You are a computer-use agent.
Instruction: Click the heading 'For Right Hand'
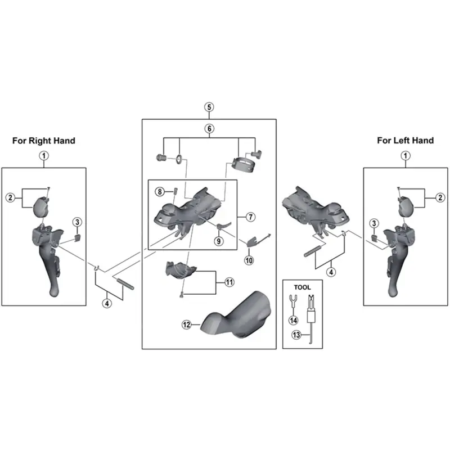pyautogui.click(x=43, y=141)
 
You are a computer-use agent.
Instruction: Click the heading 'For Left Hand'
pyautogui.click(x=405, y=141)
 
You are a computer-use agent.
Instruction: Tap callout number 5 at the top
pyautogui.click(x=209, y=107)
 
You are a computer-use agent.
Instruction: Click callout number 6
pyautogui.click(x=209, y=129)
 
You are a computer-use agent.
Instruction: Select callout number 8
pyautogui.click(x=160, y=192)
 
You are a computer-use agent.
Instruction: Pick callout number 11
pyautogui.click(x=229, y=282)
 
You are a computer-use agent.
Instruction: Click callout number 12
pyautogui.click(x=186, y=324)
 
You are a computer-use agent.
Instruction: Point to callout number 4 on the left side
pyautogui.click(x=107, y=303)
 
